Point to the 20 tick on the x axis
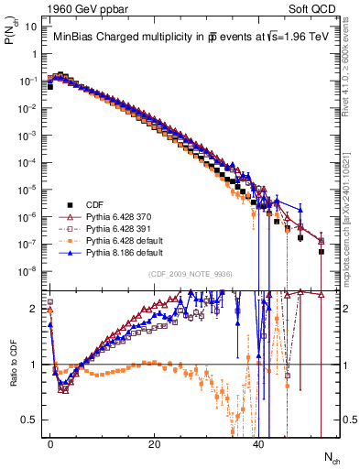coord(155,442)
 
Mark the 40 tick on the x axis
coord(259,442)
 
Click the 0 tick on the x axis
coord(50,442)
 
